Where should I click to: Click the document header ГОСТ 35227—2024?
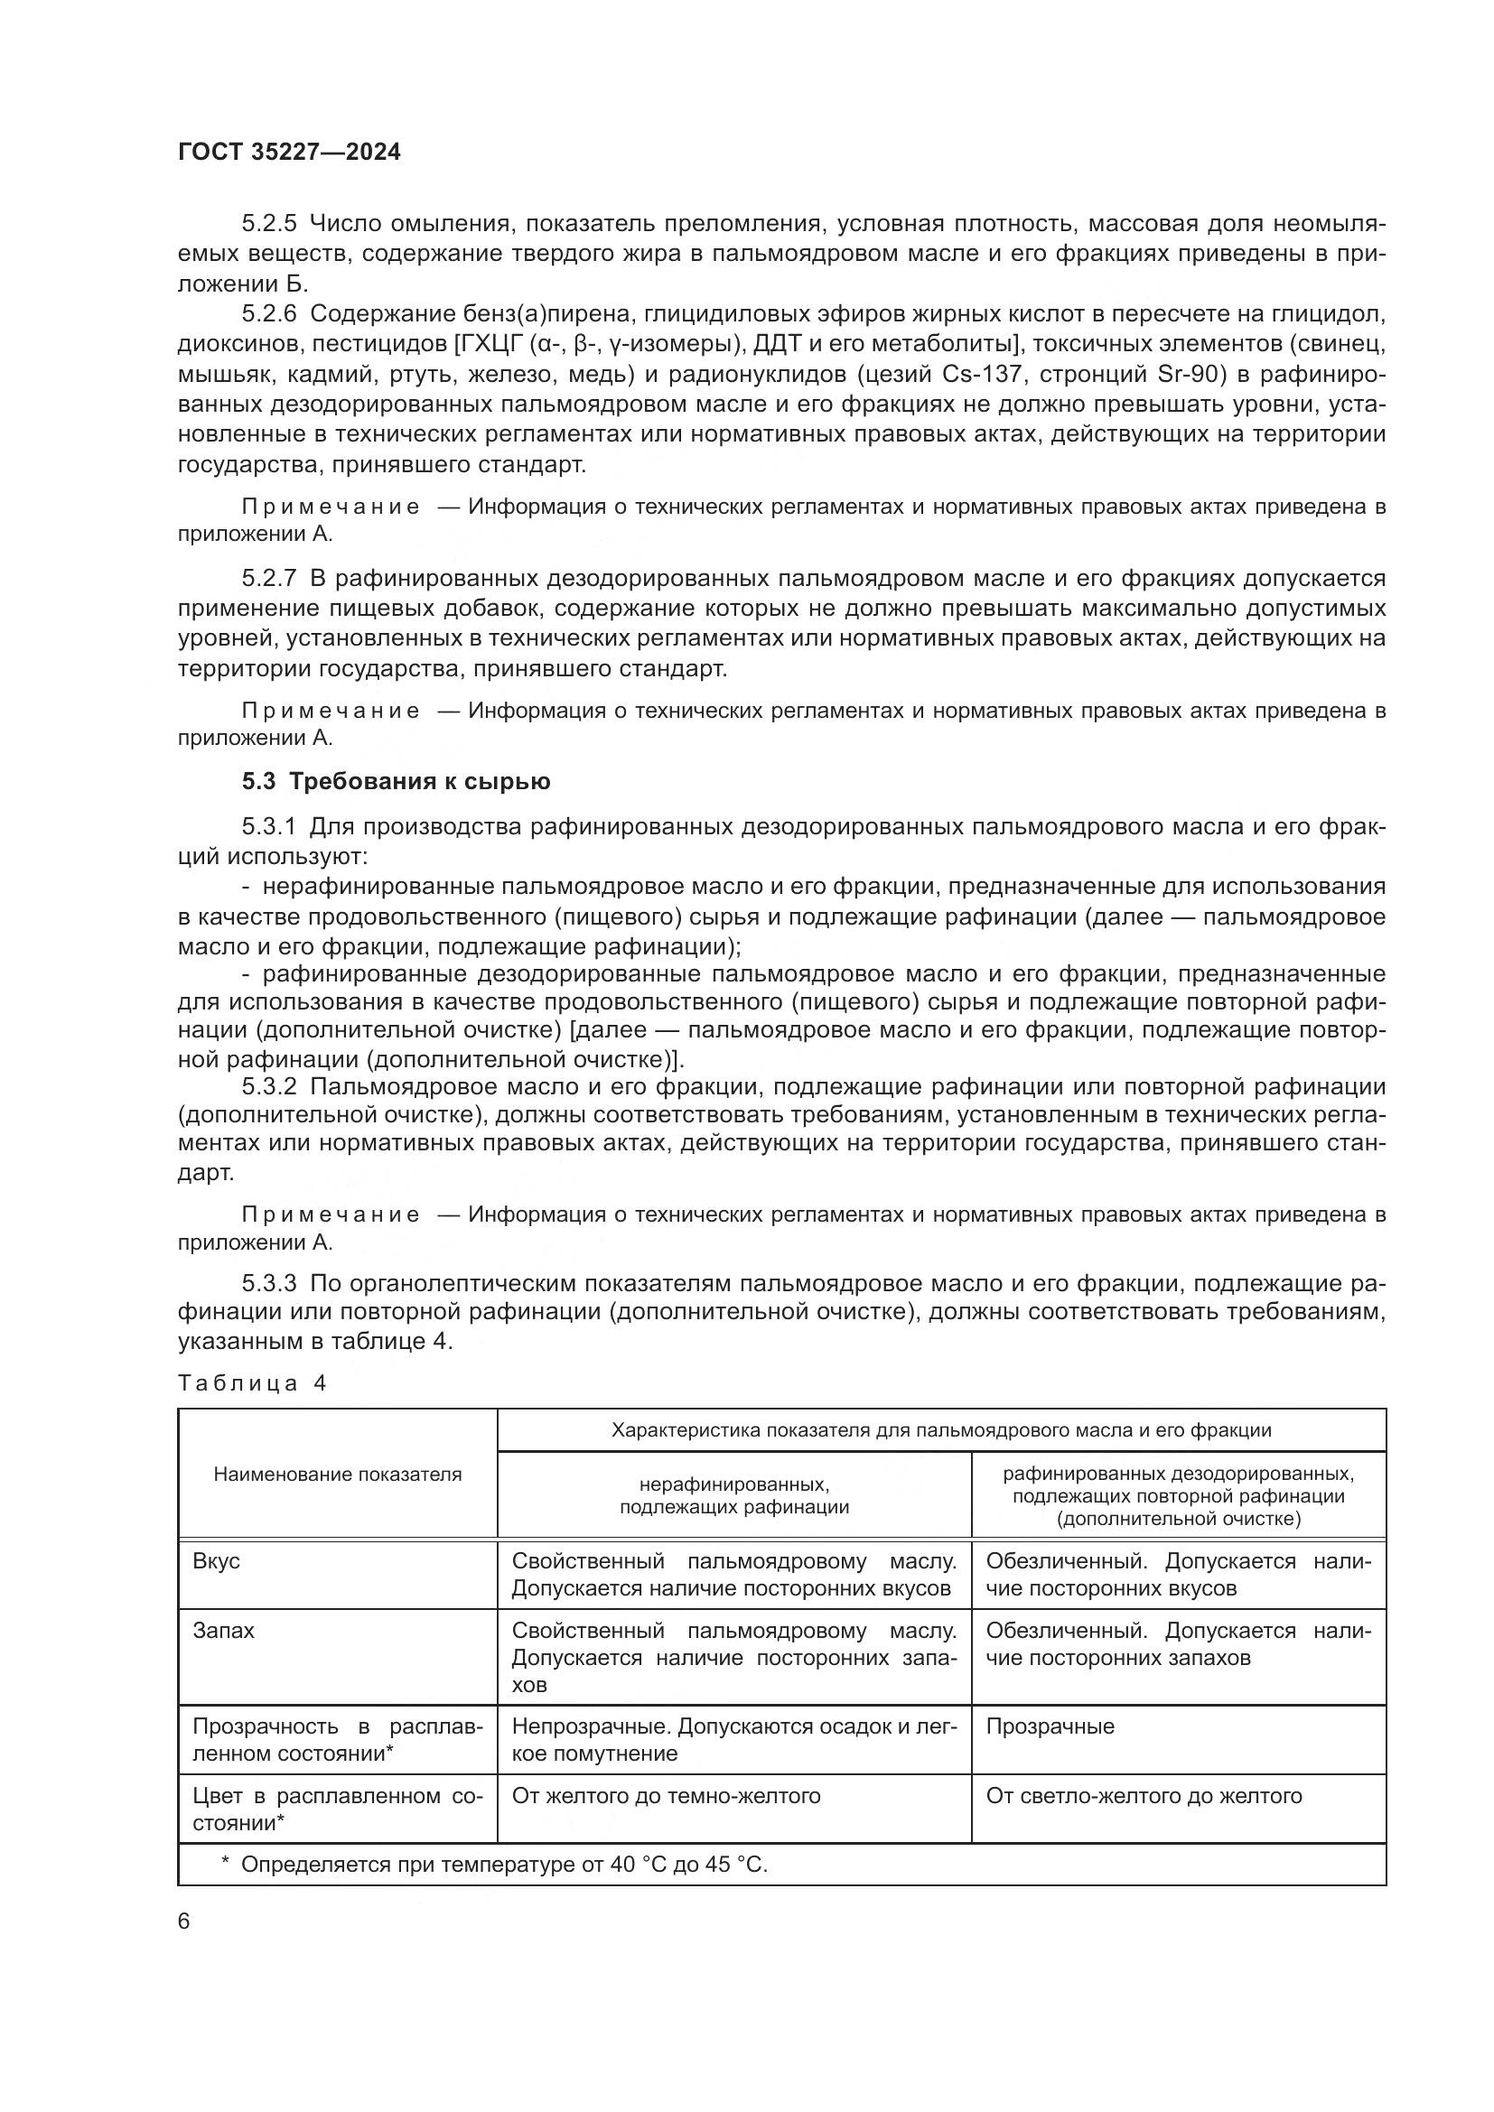tap(289, 153)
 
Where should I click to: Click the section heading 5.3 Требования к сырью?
tap(396, 782)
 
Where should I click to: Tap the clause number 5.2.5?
tap(268, 224)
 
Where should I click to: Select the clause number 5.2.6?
tap(268, 313)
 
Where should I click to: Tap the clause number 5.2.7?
tap(268, 579)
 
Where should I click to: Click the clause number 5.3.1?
tap(268, 827)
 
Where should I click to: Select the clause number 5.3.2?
tap(268, 1086)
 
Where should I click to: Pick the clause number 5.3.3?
tap(268, 1283)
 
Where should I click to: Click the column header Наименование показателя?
tap(338, 1475)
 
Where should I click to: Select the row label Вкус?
tap(216, 1561)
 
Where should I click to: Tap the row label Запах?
tap(223, 1630)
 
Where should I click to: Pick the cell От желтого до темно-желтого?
tap(666, 1796)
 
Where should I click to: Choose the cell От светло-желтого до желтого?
tap(1144, 1796)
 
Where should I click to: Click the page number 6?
tap(184, 1921)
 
